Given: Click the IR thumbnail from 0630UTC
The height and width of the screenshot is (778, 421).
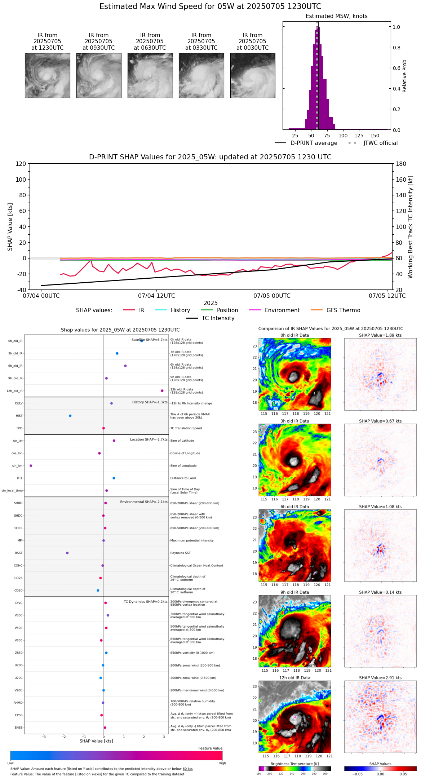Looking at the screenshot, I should click(150, 75).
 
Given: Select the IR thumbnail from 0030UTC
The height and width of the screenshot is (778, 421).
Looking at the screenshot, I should click(253, 75).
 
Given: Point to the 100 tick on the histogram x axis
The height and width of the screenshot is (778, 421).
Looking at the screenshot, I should click(343, 136).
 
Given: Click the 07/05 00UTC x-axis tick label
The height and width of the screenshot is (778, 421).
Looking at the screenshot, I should click(272, 296).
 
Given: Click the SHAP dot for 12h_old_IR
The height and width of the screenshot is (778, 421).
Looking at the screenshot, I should click(162, 391).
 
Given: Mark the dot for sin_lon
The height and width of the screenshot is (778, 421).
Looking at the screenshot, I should click(31, 466).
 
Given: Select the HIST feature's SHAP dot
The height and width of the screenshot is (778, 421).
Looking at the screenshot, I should click(70, 416).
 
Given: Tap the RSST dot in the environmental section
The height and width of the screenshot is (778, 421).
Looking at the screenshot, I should click(67, 553).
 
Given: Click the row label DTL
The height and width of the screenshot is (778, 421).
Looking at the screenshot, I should click(19, 478).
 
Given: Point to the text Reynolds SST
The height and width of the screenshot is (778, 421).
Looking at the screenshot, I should click(180, 553).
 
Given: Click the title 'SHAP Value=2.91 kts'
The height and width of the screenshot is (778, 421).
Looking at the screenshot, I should click(380, 678).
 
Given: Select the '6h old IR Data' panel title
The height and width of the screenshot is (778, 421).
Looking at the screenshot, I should click(294, 507).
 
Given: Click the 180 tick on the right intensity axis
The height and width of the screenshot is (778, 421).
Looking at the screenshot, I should click(401, 164).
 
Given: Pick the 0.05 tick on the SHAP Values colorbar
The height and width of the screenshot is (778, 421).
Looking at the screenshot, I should click(403, 774).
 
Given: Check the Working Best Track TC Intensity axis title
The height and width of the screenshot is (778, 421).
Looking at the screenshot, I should click(411, 227).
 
